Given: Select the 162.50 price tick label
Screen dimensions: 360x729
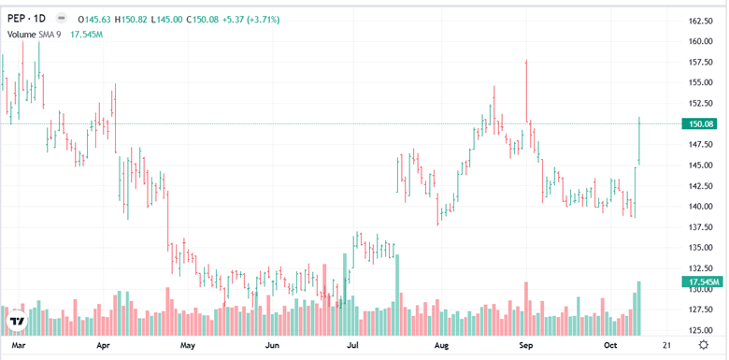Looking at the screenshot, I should coord(701,21).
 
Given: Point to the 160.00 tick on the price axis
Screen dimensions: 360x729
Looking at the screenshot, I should coord(701,41).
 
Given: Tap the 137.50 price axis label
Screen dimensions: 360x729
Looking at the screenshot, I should coord(701,227).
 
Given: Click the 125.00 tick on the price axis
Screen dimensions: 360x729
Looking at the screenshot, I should coord(701,330).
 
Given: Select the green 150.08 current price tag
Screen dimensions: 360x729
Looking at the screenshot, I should coord(701,123).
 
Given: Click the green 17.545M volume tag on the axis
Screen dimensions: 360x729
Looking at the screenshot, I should coord(701,281).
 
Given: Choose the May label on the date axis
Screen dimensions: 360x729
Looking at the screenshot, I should coord(188,346).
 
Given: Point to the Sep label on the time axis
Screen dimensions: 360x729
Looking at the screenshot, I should coord(525,346).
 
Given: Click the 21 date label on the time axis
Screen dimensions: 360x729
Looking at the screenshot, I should coord(666,346).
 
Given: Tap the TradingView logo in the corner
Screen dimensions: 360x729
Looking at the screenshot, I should coord(17,323).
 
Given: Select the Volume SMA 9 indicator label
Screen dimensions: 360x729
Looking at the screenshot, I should coord(36,34).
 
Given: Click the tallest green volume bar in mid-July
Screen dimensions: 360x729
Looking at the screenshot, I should coord(398,295).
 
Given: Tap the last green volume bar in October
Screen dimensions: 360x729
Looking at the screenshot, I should coord(639,308).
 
